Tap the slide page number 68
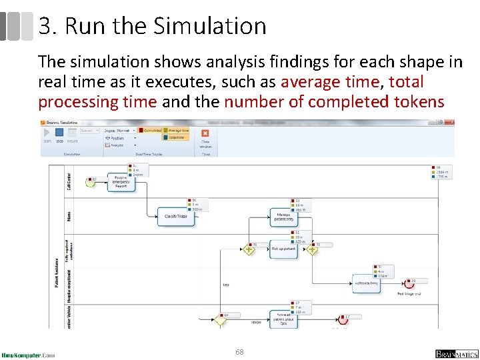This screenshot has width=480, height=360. pyautogui.click(x=239, y=351)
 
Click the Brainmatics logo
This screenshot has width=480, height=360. pyautogui.click(x=457, y=353)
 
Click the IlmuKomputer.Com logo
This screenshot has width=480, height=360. pyautogui.click(x=28, y=355)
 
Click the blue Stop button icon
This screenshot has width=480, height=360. pyautogui.click(x=59, y=133)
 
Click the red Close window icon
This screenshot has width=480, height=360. pyautogui.click(x=205, y=133)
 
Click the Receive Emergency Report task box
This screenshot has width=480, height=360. pyautogui.click(x=121, y=182)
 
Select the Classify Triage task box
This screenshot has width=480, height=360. pyautogui.click(x=175, y=216)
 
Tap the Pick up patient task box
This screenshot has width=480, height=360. pyautogui.click(x=283, y=249)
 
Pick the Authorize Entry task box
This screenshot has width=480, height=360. pyautogui.click(x=366, y=283)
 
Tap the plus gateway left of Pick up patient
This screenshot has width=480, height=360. pyautogui.click(x=248, y=249)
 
